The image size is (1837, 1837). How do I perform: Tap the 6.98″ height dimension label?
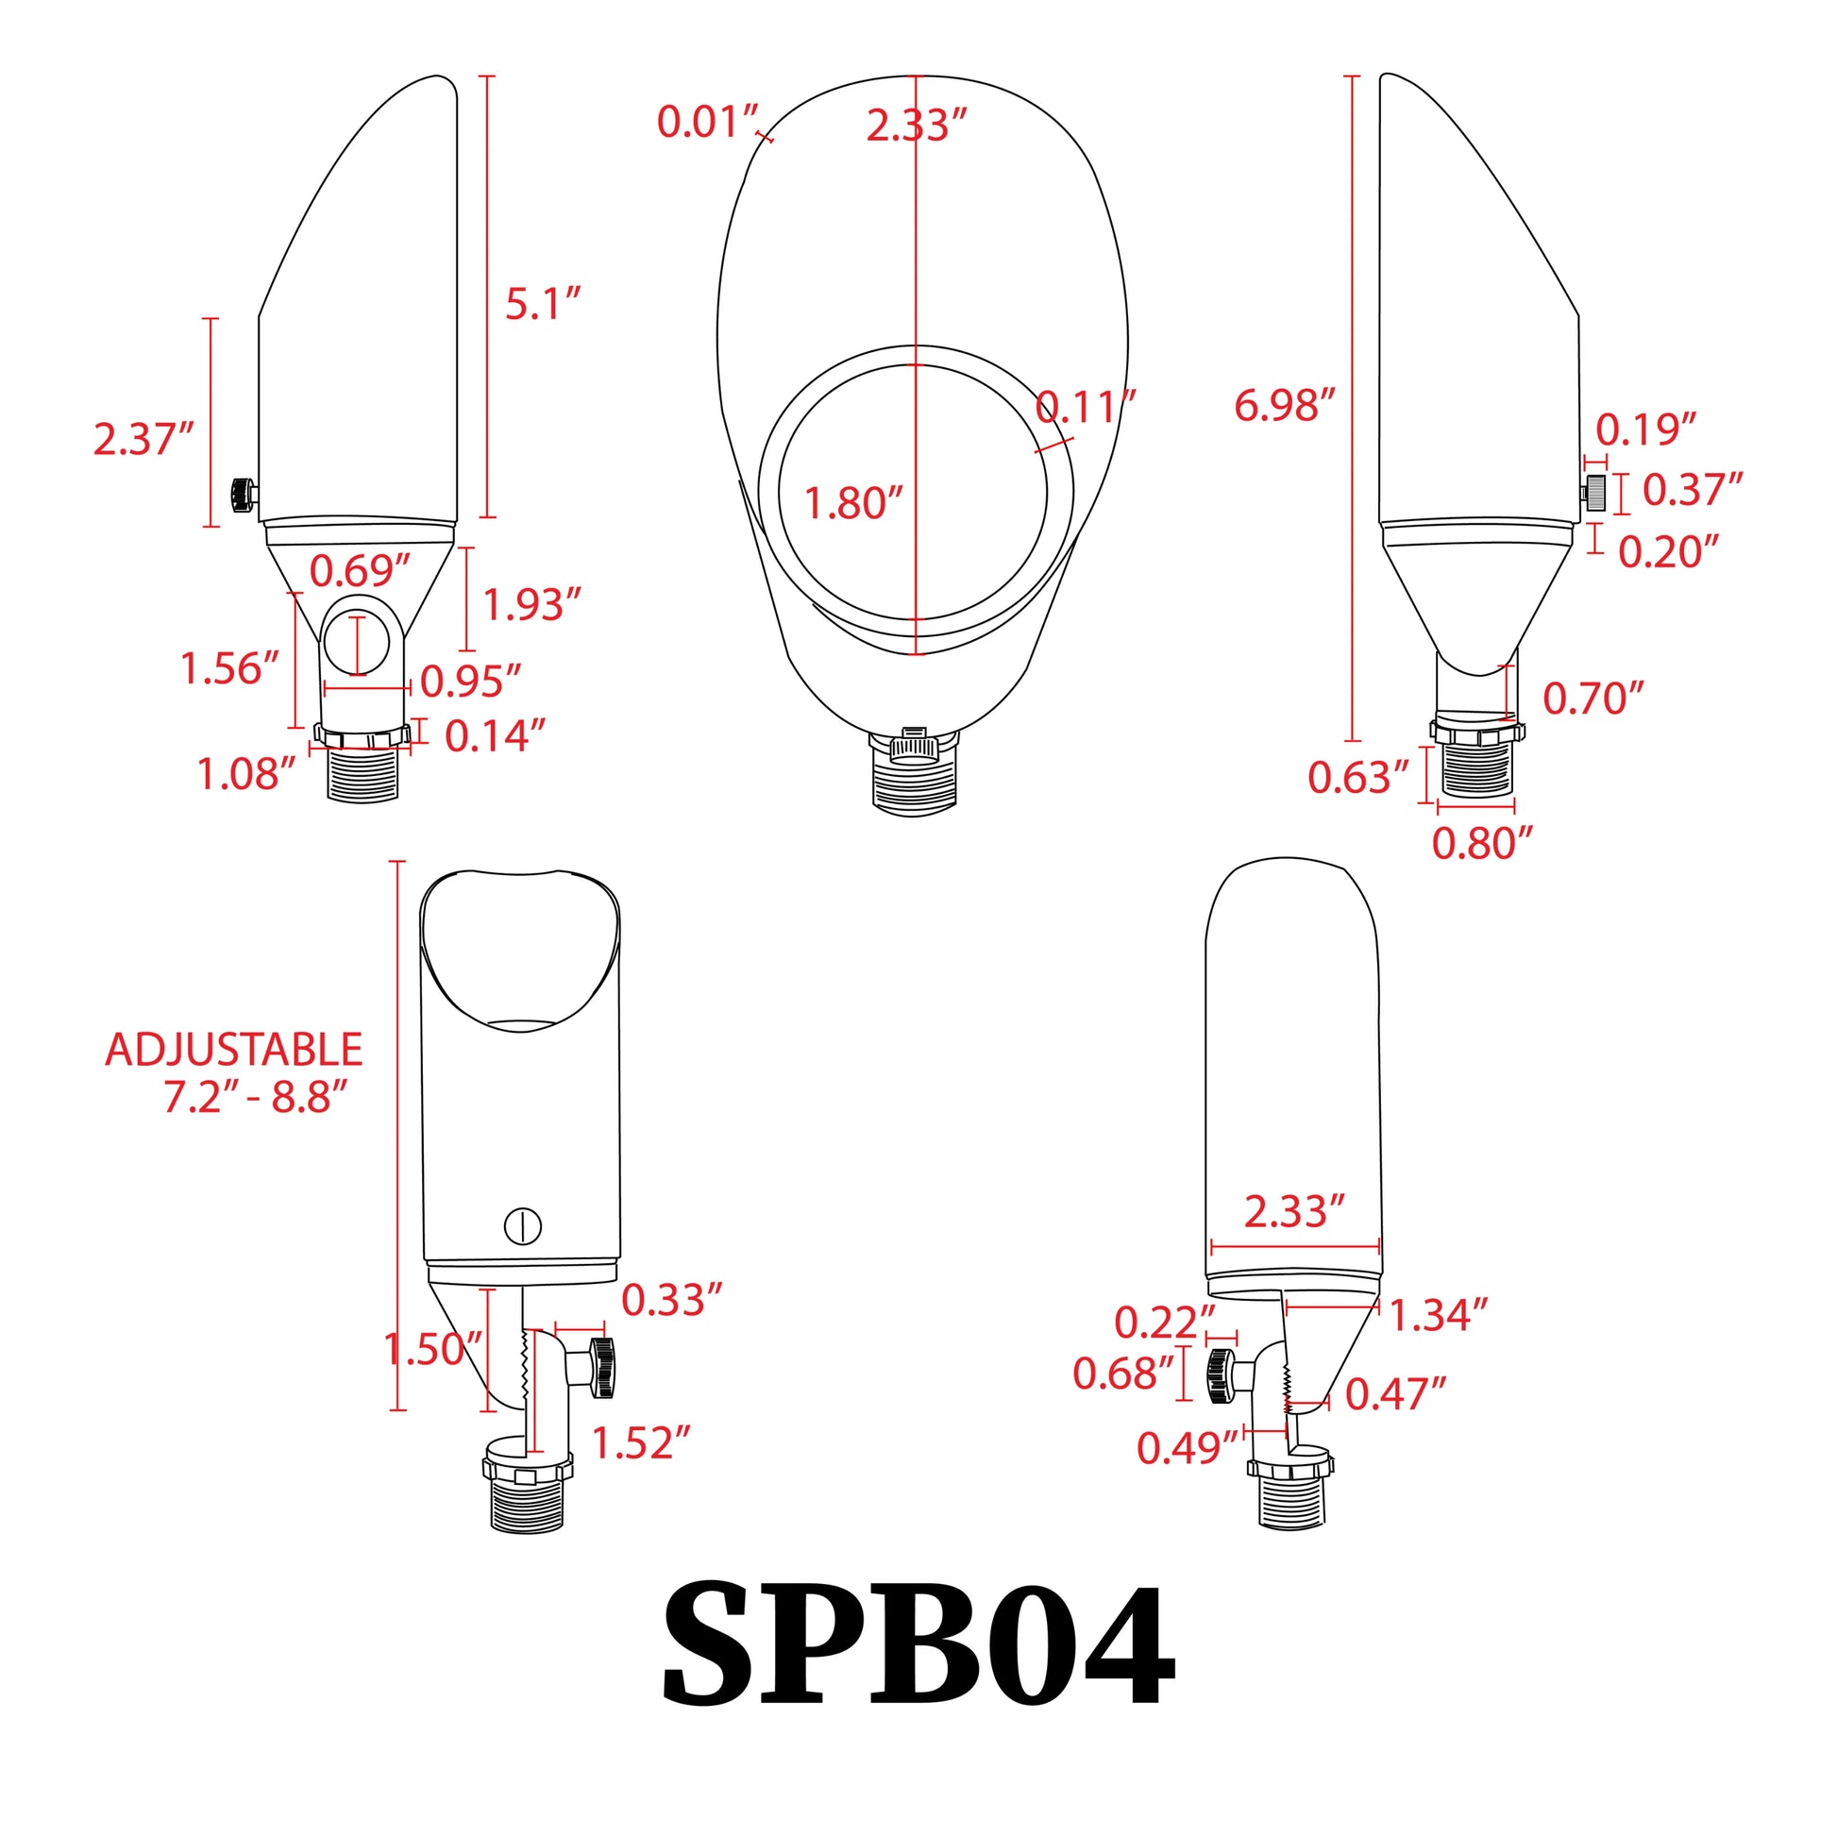pyautogui.click(x=1285, y=406)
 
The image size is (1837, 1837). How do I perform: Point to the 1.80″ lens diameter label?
pyautogui.click(x=854, y=503)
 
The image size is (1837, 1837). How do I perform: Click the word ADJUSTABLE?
pyautogui.click(x=234, y=1050)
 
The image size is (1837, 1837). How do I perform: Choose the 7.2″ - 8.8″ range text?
pyautogui.click(x=256, y=1097)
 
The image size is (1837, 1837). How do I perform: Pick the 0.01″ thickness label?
pyautogui.click(x=708, y=123)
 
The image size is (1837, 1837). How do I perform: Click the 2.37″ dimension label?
pyautogui.click(x=143, y=439)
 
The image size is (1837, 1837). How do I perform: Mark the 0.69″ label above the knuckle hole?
pyautogui.click(x=361, y=570)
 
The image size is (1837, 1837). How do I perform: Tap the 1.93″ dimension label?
pyautogui.click(x=532, y=605)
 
